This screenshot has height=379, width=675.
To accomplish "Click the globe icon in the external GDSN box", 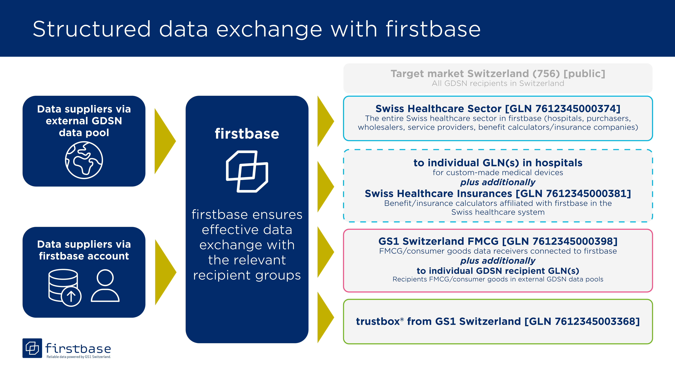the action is pyautogui.click(x=84, y=160).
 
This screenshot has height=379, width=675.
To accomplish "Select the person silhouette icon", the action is pyautogui.click(x=105, y=286).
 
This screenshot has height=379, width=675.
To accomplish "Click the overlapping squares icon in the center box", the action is pyautogui.click(x=247, y=171).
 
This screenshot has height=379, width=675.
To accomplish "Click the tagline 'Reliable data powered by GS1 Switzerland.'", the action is pyautogui.click(x=79, y=357).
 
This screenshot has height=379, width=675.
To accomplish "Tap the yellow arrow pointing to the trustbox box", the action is pyautogui.click(x=325, y=317).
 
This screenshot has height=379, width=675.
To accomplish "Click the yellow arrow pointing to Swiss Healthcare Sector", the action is pyautogui.click(x=325, y=121).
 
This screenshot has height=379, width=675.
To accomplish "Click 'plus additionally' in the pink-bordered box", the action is pyautogui.click(x=498, y=261).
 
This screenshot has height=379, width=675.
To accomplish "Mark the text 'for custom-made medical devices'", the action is pyautogui.click(x=498, y=173).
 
